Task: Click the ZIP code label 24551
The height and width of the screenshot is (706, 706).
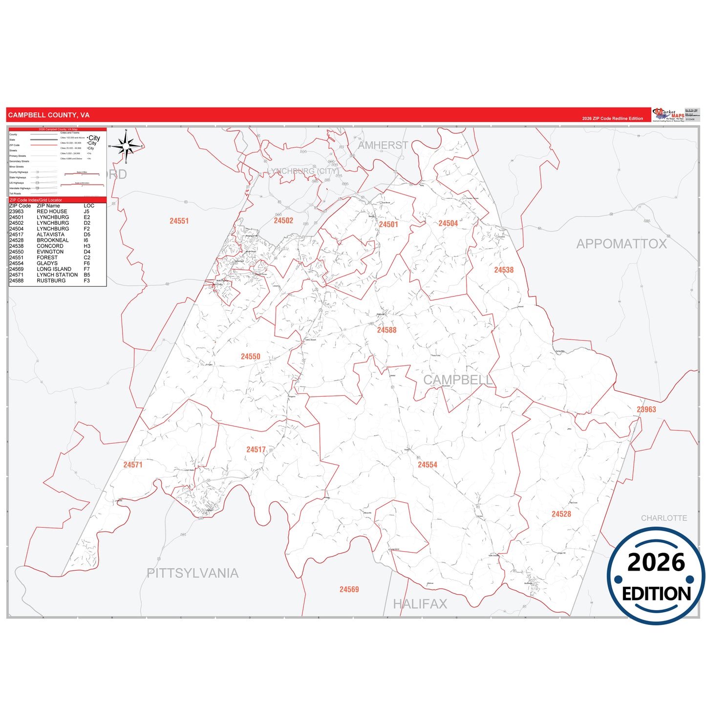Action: click(179, 221)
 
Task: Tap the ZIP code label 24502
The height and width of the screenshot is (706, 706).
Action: click(283, 221)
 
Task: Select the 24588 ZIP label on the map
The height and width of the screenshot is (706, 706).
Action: click(386, 330)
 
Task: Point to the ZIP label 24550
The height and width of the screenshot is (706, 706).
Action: click(250, 357)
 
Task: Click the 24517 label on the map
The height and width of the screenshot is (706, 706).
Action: click(256, 449)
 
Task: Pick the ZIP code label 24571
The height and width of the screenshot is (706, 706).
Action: click(133, 465)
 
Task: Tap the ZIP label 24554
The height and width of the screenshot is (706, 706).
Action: click(427, 465)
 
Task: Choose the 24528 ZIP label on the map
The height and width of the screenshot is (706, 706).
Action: click(561, 514)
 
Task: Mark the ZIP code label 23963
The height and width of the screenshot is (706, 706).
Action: click(646, 409)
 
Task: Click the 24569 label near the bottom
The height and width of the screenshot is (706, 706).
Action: click(349, 590)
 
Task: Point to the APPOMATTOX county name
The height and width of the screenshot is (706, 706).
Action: click(621, 244)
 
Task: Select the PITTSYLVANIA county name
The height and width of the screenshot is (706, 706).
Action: click(193, 573)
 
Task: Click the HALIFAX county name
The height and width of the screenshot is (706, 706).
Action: click(420, 604)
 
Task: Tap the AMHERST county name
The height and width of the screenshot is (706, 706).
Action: click(383, 145)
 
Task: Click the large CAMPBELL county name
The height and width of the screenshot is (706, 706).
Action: click(458, 380)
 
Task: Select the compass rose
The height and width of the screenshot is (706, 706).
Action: click(126, 146)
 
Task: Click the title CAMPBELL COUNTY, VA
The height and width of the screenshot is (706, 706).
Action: click(49, 115)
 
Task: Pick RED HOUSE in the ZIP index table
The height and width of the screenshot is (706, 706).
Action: click(52, 212)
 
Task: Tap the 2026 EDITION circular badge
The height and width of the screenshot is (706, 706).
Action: click(656, 577)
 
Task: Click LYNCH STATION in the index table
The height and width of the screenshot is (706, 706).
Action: click(57, 275)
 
